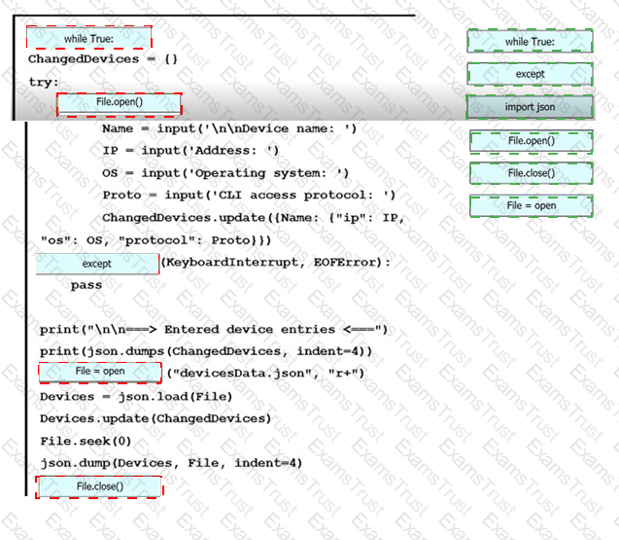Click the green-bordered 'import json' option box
coord(530,107)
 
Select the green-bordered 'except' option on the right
coord(530,74)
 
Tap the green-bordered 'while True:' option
coord(530,41)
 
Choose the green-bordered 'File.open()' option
coord(531,141)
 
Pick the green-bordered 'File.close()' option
coord(531,173)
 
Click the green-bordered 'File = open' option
coord(531,205)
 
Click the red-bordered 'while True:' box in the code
coord(88,38)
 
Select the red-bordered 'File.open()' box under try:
coord(120,104)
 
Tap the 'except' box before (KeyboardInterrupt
coord(97,264)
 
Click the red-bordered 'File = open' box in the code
coord(100,373)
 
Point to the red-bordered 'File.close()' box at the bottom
coord(99,486)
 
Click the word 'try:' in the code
coord(44,83)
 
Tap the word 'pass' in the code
coord(86,285)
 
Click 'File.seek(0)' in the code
coord(86,441)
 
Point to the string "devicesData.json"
coord(242,373)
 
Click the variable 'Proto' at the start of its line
coord(122,195)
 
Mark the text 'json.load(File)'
coord(175,397)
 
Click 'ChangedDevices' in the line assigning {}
coord(84,59)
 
